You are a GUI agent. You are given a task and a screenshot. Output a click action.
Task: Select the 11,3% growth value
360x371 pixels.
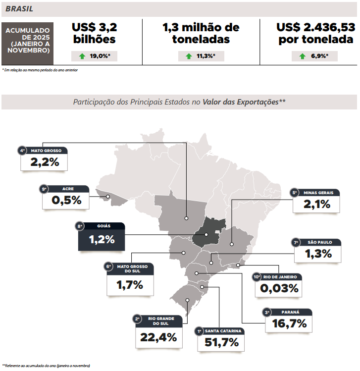coord(206,56)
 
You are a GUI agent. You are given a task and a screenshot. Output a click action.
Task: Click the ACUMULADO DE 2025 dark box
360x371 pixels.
coord(28,40)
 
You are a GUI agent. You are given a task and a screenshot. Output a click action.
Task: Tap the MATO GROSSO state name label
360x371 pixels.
coord(46,150)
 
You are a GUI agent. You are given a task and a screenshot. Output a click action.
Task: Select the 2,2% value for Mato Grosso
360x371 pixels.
coord(45,162)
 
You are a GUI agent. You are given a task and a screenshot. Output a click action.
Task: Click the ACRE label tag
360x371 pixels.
coord(68,189)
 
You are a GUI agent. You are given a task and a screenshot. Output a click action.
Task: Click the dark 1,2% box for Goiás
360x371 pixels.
coord(102,240)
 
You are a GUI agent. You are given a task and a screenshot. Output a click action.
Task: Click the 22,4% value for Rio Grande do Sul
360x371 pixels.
coord(159,337)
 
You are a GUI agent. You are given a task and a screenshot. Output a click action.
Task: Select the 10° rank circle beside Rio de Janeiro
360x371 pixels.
coord(257,277)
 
